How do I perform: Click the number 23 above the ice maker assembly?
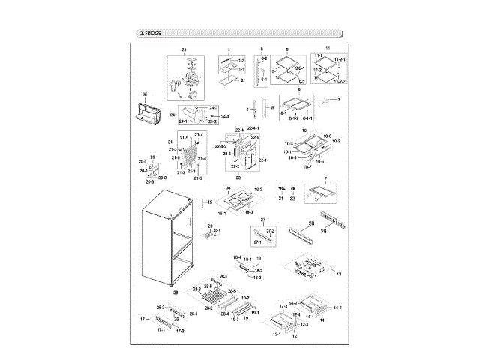coord(184,49)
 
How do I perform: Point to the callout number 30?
coord(311,223)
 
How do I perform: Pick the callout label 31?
coord(281,198)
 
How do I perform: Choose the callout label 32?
coord(293,198)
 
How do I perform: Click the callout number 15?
coord(211,202)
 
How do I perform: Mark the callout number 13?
coord(339,275)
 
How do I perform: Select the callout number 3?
coord(339,99)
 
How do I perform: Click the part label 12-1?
coord(276,334)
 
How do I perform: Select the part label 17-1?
coord(160,330)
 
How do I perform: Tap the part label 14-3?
coord(338,307)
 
